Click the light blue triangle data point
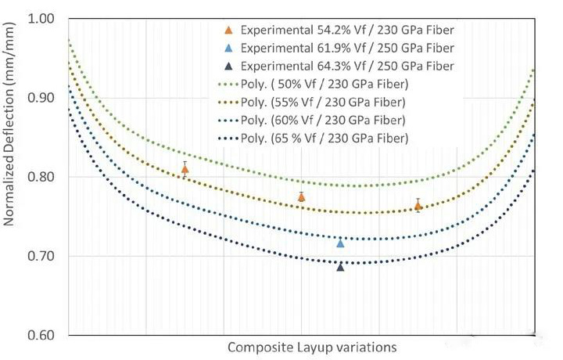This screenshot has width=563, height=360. point(340,243)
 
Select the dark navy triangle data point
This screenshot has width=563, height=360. point(340,267)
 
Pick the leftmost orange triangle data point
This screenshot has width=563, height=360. point(185,169)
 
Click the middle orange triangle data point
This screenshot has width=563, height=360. point(302,197)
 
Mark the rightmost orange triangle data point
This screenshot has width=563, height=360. point(418,206)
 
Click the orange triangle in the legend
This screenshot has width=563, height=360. point(228,31)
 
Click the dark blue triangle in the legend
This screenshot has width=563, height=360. point(228,66)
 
